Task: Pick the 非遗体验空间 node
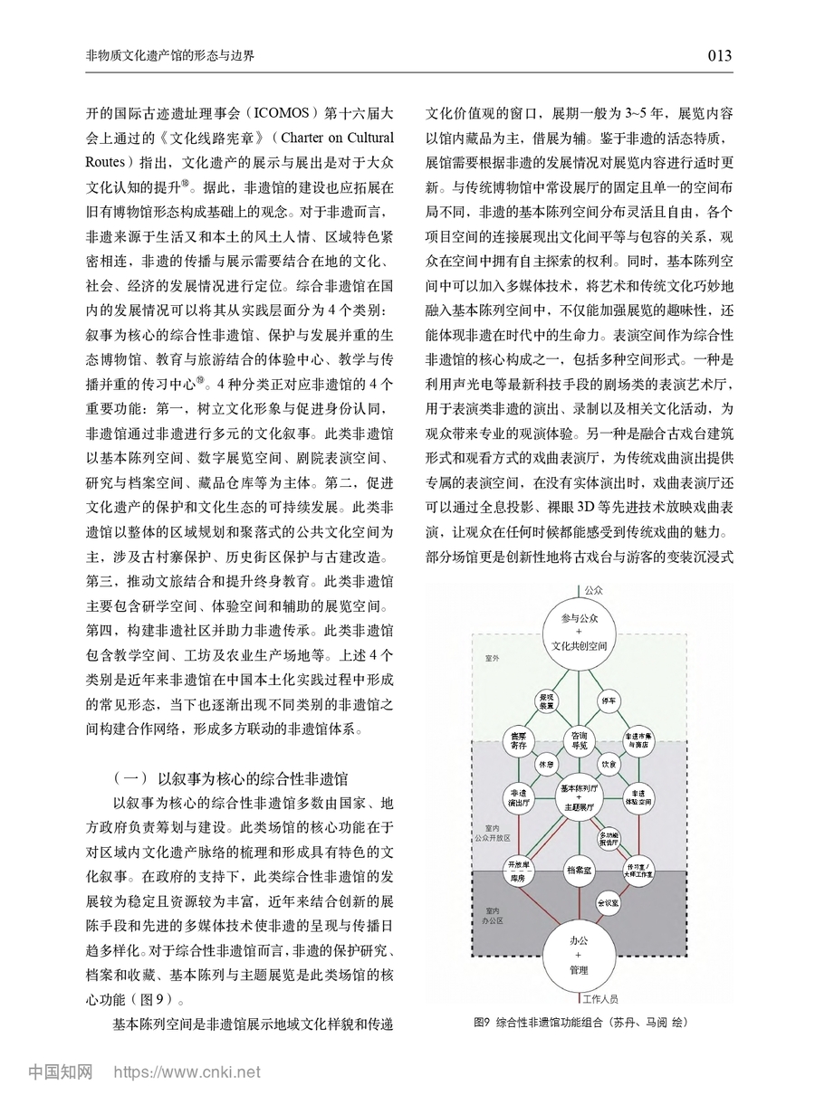639,796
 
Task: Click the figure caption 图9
481,1022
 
